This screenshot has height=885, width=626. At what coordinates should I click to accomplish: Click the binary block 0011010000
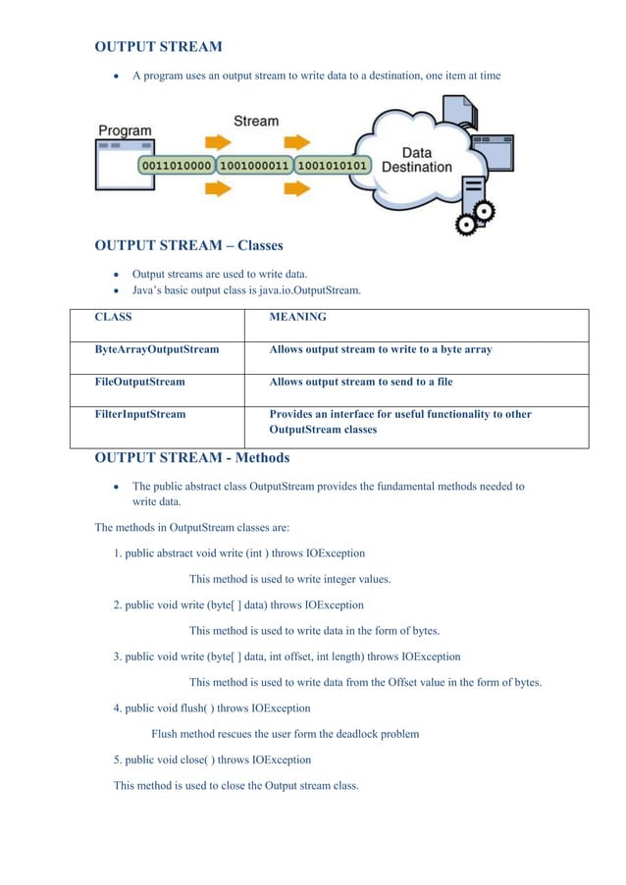click(x=177, y=166)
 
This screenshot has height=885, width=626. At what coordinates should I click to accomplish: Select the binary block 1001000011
click(x=253, y=166)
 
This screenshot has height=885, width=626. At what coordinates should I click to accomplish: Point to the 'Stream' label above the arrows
click(x=255, y=121)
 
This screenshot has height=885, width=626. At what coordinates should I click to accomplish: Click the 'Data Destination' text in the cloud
click(x=416, y=160)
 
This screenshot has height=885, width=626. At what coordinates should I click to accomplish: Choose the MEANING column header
click(x=297, y=317)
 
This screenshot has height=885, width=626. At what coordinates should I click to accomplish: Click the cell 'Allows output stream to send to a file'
click(x=360, y=382)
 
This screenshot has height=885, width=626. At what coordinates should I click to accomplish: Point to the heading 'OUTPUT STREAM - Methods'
click(x=191, y=457)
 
